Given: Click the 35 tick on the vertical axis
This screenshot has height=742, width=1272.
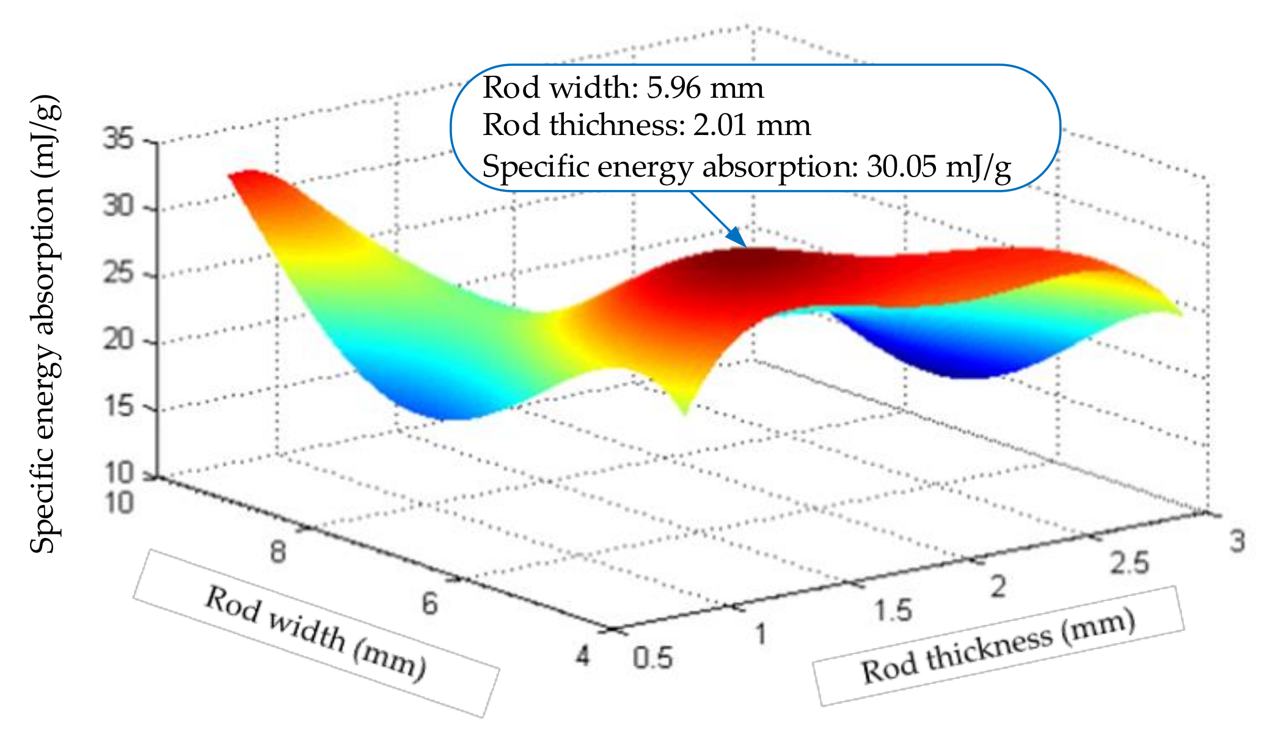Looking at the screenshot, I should pyautogui.click(x=118, y=140).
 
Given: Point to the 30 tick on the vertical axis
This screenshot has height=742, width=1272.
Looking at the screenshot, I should pyautogui.click(x=118, y=206).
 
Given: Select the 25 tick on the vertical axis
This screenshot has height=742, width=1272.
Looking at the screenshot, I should pyautogui.click(x=118, y=273).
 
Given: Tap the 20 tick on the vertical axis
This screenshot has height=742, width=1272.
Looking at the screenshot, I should pyautogui.click(x=118, y=340).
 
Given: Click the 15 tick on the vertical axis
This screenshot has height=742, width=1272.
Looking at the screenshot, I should pyautogui.click(x=118, y=406).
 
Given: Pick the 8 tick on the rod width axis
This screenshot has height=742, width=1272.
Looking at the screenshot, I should pyautogui.click(x=278, y=552).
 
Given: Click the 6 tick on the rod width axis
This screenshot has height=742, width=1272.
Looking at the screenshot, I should pyautogui.click(x=430, y=604).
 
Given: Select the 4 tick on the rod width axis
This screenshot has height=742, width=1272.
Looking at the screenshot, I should pyautogui.click(x=583, y=656).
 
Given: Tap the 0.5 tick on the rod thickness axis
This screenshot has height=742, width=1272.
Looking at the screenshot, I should pyautogui.click(x=652, y=659).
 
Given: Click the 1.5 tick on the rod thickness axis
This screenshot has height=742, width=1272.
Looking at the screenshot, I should pyautogui.click(x=893, y=611).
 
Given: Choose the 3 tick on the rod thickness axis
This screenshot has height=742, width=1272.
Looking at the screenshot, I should pyautogui.click(x=1237, y=542).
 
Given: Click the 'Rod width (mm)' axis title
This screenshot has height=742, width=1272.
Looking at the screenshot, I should pyautogui.click(x=316, y=633).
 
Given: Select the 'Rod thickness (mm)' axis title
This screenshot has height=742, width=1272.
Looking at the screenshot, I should pyautogui.click(x=998, y=646).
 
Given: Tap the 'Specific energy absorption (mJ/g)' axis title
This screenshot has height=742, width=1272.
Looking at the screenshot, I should pyautogui.click(x=46, y=324).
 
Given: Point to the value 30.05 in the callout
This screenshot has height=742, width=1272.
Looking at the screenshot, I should pyautogui.click(x=901, y=166).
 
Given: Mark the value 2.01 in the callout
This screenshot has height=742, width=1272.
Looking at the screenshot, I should pyautogui.click(x=720, y=125).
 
